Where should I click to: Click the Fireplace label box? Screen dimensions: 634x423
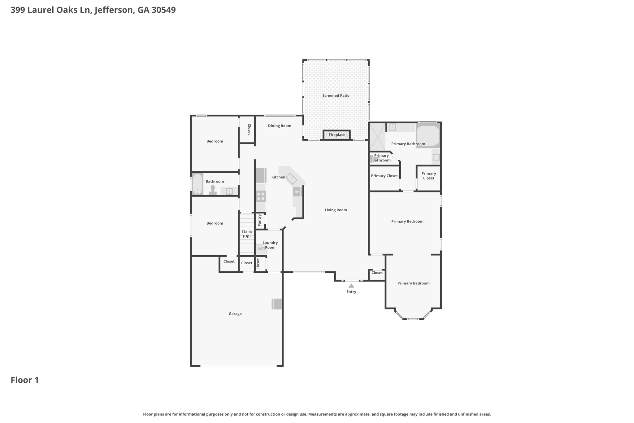[x=337, y=135]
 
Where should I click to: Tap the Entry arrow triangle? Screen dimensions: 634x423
[x=351, y=286]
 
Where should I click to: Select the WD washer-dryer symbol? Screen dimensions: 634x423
[x=261, y=249]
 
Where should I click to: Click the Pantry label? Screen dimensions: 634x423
[x=260, y=220]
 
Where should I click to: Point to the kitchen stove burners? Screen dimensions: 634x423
[x=261, y=196]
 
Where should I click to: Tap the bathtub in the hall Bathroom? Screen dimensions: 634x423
[x=198, y=184]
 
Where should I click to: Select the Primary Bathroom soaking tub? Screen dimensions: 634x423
[x=428, y=136]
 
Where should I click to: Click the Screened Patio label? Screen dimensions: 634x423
[x=336, y=96]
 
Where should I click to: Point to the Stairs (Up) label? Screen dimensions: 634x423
[x=247, y=234]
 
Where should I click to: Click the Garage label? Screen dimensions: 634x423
[x=235, y=314]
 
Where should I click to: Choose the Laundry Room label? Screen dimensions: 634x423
[x=270, y=245]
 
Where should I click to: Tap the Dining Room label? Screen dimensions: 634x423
[x=280, y=126]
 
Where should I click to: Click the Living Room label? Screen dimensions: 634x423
[x=336, y=210]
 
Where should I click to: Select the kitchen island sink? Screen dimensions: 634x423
[x=291, y=178]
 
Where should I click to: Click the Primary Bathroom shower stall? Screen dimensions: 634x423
[x=377, y=137]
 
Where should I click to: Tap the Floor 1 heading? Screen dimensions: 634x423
[x=25, y=380]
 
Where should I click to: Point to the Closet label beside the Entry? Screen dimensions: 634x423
[x=377, y=273]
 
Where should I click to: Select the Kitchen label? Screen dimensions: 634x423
[x=278, y=177]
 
